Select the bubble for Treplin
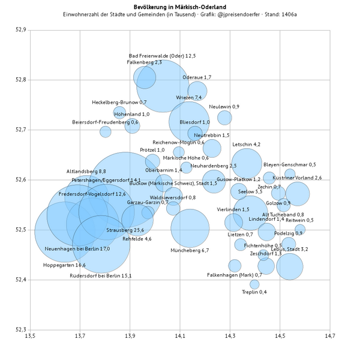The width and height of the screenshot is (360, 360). tap(254, 284)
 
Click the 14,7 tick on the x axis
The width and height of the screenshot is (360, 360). tap(329, 337)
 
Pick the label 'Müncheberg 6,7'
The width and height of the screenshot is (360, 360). tap(190, 250)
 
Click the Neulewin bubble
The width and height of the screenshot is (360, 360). tap(224, 118)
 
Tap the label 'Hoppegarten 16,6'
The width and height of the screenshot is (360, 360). tap(64, 265)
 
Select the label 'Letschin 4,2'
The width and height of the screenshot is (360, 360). tap(246, 145)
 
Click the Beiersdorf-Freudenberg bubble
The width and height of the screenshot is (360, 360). tap(106, 131)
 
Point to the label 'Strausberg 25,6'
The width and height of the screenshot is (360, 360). tap(125, 230)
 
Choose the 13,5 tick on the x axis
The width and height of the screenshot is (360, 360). tap(29, 337)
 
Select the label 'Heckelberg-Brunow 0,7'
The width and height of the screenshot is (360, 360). tap(119, 103)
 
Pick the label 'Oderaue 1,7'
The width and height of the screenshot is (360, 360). tap(197, 77)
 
